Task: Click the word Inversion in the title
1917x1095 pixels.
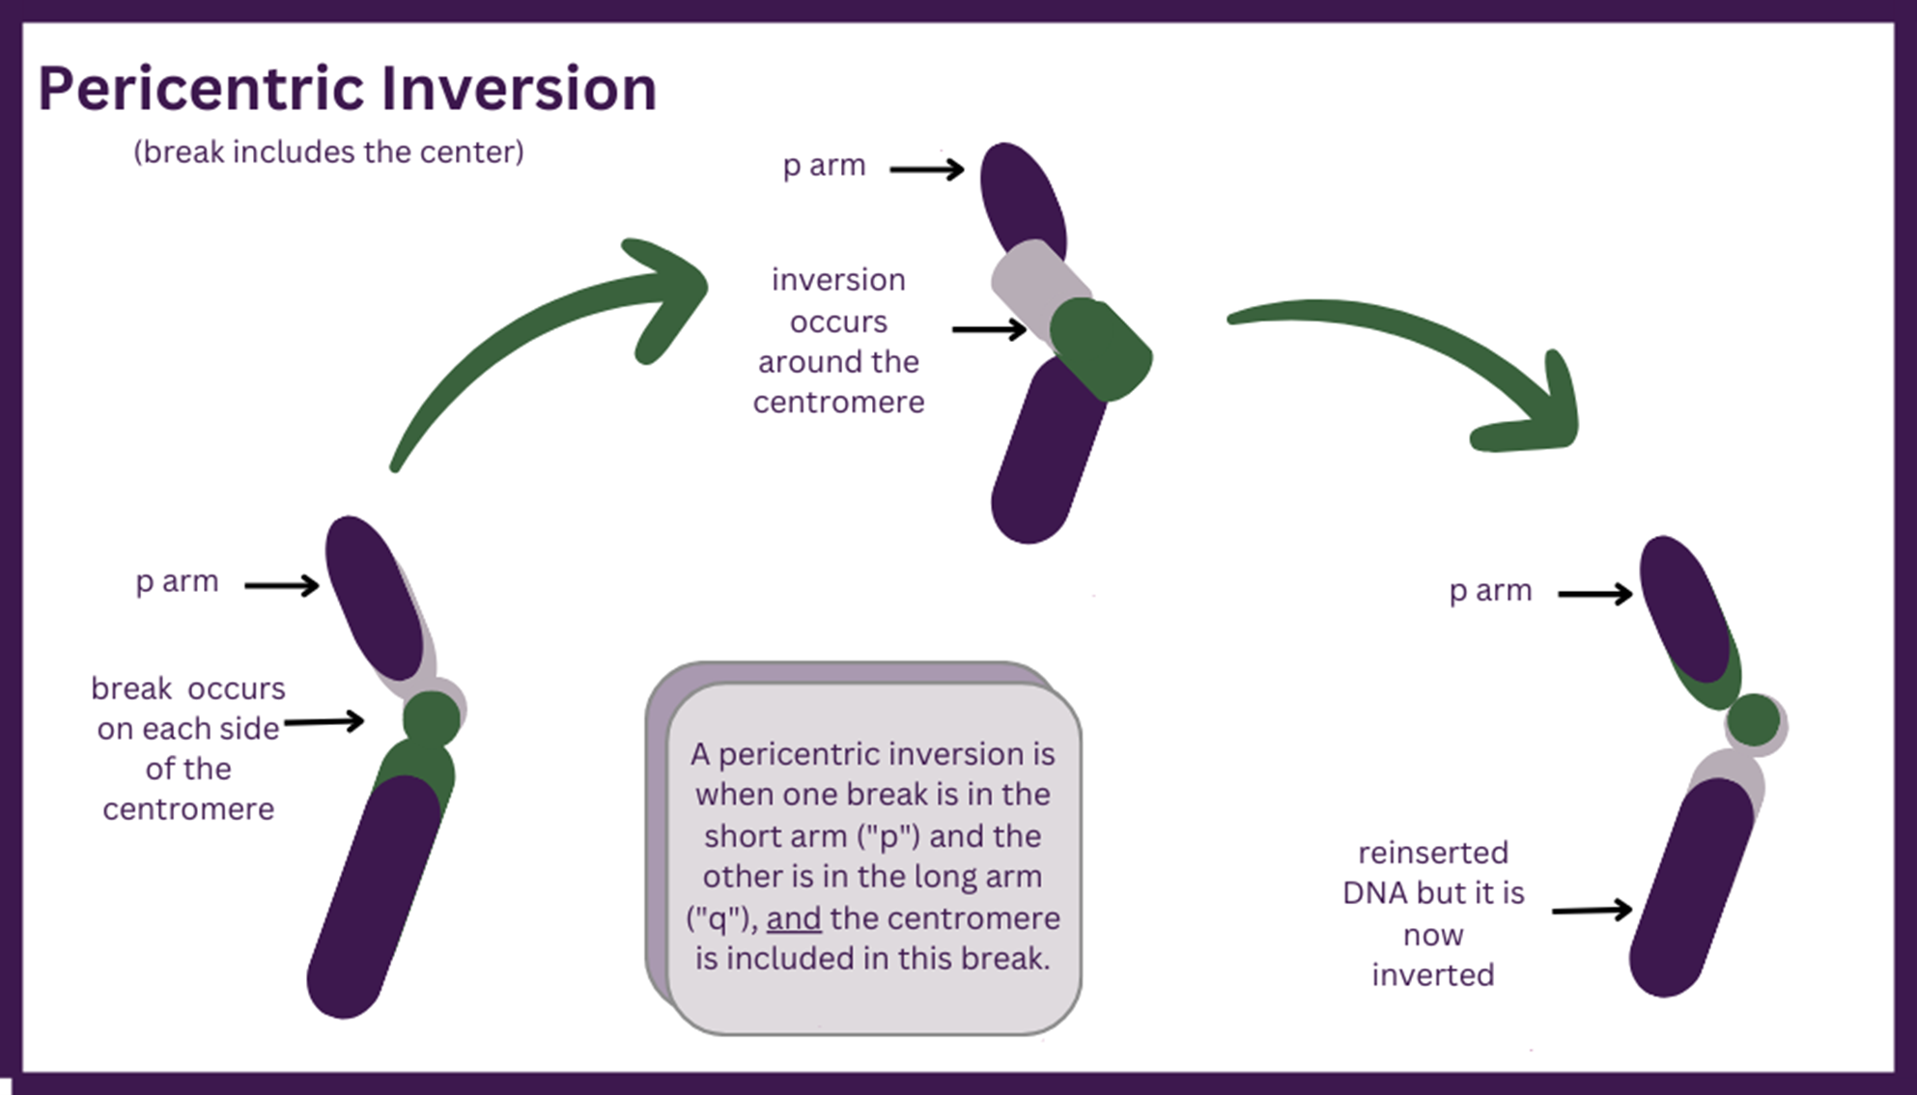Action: [x=519, y=90]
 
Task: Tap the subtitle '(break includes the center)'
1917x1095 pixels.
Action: [x=328, y=153]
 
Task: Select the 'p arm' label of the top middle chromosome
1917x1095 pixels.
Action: [x=824, y=166]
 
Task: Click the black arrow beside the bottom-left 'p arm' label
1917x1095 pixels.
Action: [x=281, y=585]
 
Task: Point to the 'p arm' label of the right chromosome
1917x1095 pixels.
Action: [x=1490, y=591]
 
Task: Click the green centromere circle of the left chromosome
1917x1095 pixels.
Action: [x=431, y=719]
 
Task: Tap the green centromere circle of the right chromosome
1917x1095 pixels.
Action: [x=1753, y=720]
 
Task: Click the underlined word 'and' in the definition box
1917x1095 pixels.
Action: [x=794, y=918]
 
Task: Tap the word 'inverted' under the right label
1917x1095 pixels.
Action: [x=1432, y=975]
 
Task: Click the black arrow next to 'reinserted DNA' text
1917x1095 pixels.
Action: [x=1592, y=910]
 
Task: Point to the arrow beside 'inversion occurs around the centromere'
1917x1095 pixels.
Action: [x=989, y=330]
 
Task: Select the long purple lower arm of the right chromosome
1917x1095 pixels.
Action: [x=1690, y=888]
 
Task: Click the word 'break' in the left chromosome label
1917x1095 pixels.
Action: [x=131, y=688]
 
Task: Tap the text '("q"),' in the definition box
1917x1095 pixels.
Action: [x=722, y=918]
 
